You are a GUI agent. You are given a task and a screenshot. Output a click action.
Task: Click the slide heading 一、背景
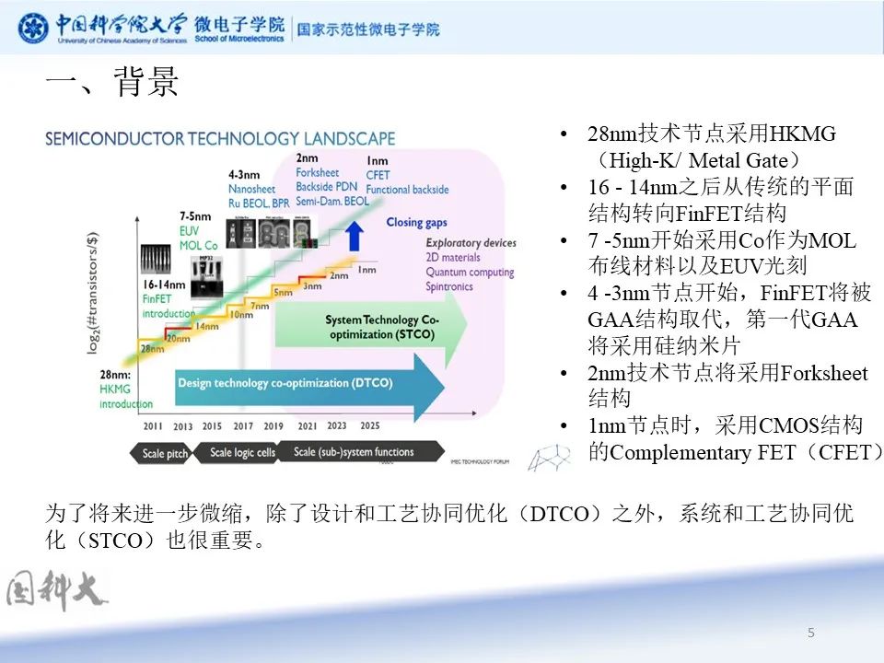pos(111,84)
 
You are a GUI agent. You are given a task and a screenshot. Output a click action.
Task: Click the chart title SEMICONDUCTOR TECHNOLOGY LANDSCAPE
pos(220,139)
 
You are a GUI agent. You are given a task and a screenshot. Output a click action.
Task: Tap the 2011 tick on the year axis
pos(153,425)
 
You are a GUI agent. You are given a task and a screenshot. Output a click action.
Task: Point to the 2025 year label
pos(369,425)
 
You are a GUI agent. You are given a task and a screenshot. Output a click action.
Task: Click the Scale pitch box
pos(165,452)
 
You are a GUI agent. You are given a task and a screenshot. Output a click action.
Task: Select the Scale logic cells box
pos(242,452)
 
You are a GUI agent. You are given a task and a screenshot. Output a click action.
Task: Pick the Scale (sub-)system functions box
pos(355,452)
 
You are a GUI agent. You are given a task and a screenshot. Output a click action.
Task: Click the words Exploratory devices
pos(471,243)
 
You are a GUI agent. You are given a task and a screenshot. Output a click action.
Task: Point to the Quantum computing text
pos(470,272)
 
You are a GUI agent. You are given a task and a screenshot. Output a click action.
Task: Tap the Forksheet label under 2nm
pos(318,173)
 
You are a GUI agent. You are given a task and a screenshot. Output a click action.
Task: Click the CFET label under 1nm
pos(378,175)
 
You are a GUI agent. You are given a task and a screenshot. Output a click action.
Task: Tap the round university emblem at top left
pos(34,29)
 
